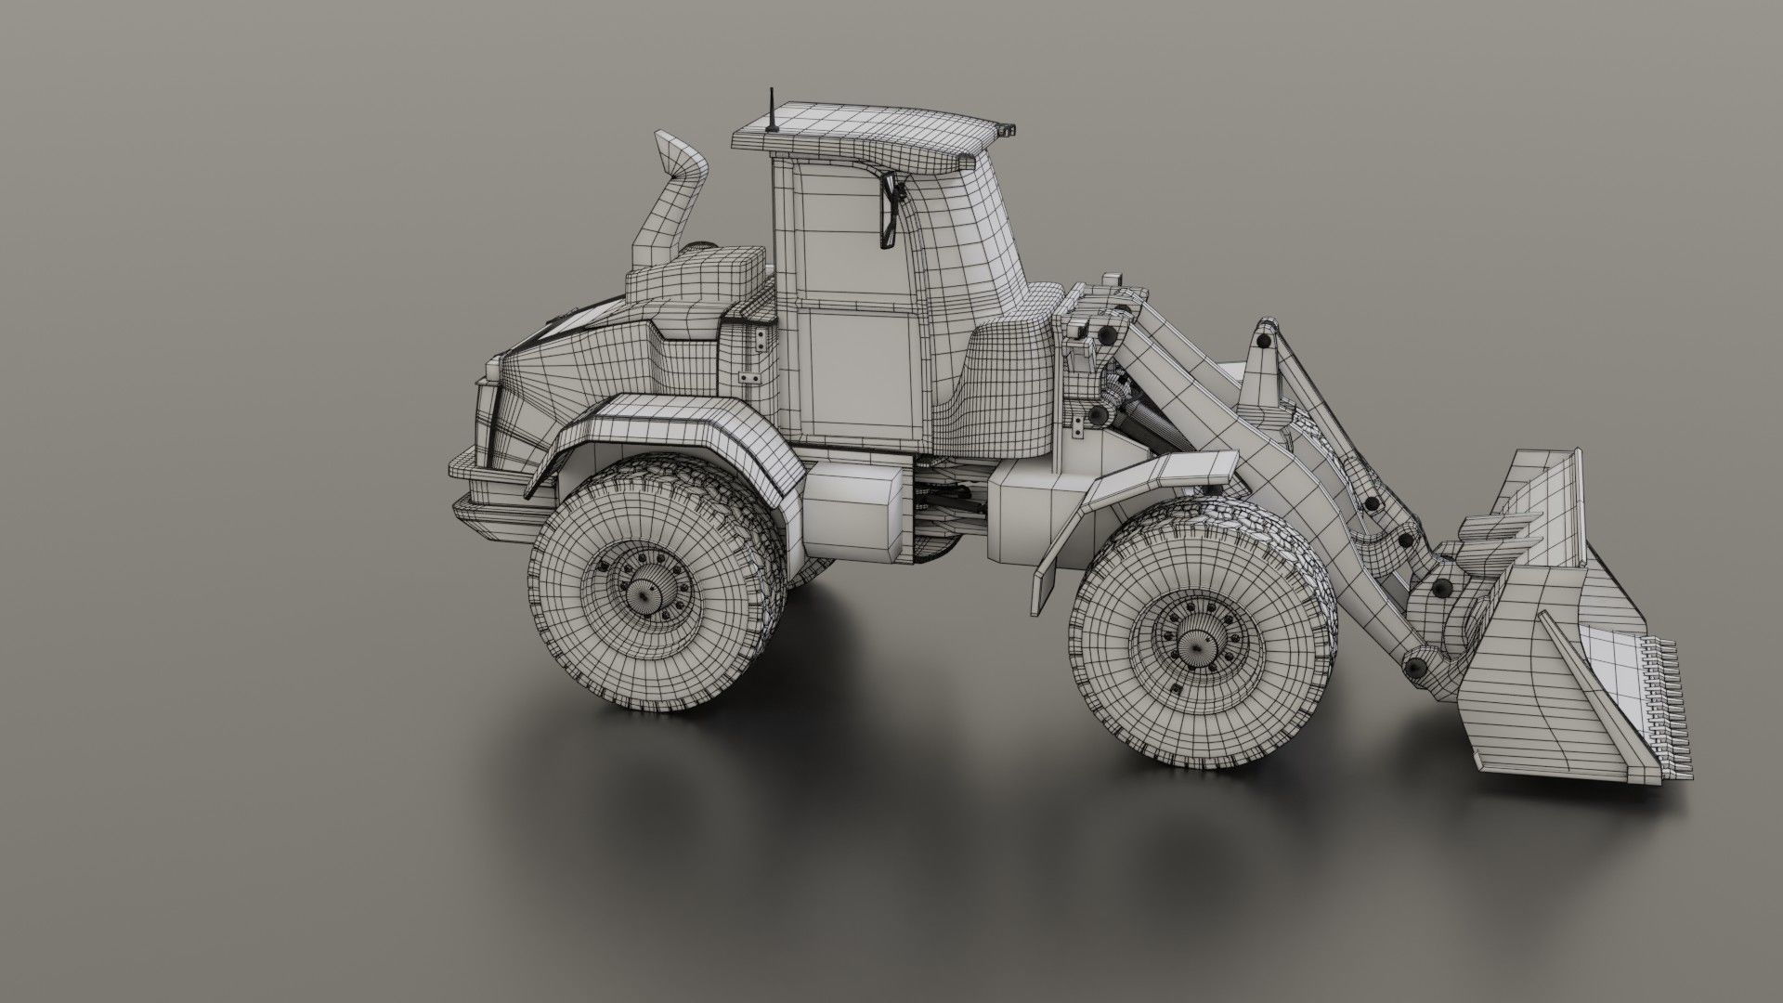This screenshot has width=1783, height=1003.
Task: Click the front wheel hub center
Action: tap(1191, 639)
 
